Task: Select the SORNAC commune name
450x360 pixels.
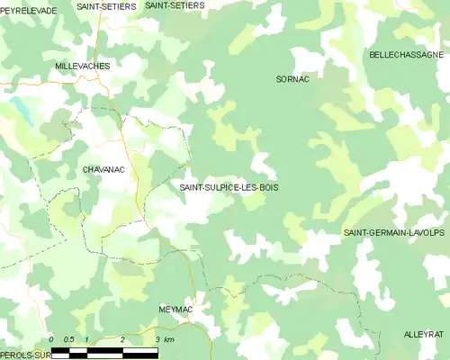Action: click(292, 79)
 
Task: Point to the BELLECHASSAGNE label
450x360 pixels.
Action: click(406, 55)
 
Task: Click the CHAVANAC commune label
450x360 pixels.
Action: click(103, 168)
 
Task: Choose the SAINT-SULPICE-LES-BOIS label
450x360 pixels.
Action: click(229, 187)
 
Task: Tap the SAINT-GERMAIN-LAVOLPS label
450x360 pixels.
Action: click(395, 232)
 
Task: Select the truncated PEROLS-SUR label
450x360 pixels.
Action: click(23, 355)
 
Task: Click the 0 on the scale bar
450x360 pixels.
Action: click(51, 339)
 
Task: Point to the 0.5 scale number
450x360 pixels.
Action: click(68, 339)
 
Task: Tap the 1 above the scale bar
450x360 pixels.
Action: click(86, 339)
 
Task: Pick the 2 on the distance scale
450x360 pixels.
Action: click(121, 339)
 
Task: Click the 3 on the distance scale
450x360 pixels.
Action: click(157, 339)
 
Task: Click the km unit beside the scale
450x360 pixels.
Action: click(168, 339)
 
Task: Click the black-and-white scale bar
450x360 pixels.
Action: click(104, 351)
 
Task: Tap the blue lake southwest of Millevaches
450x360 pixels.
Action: click(18, 110)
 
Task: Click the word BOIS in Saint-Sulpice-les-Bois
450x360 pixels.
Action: click(268, 187)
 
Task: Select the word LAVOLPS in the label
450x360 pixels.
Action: click(427, 232)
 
